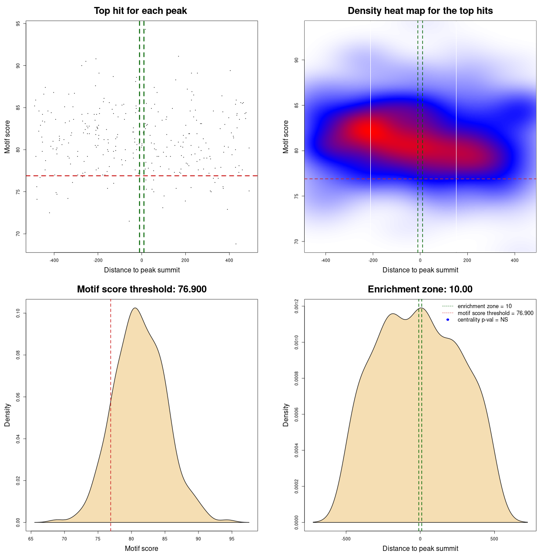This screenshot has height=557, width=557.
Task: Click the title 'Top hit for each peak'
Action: point(140,11)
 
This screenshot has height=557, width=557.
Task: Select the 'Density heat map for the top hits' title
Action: point(420,11)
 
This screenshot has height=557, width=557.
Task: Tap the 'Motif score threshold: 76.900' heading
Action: point(141,289)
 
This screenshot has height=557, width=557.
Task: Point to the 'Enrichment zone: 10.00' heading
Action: point(420,289)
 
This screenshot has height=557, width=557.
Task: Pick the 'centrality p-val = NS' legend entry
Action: point(483,320)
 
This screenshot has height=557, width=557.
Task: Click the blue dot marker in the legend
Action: point(448,320)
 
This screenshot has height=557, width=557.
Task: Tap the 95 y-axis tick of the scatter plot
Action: point(18,24)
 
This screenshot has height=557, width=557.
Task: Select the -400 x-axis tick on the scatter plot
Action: point(54,261)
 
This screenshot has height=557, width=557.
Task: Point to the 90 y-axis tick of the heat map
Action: point(297,60)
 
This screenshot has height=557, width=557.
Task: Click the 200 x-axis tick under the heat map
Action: point(467,261)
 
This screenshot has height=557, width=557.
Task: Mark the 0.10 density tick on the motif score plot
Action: point(18,313)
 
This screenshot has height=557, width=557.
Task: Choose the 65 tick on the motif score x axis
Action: point(31,539)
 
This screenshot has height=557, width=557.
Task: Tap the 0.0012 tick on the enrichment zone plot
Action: point(297,306)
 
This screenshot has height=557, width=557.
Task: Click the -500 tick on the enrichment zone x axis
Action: point(346,539)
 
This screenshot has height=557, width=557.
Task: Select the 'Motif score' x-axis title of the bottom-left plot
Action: point(141,549)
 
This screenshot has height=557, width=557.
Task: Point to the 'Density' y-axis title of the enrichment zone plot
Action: point(286,415)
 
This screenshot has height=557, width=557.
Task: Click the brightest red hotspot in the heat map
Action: point(372,130)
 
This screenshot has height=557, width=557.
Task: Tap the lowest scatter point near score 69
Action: point(236,244)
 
